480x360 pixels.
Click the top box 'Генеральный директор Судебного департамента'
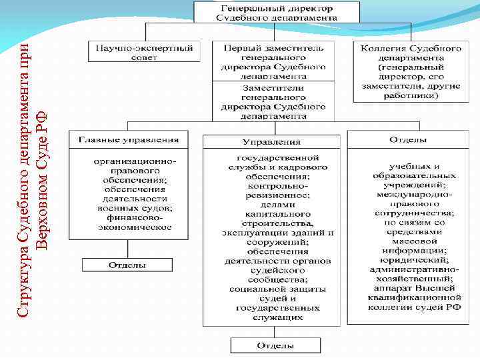tap(276, 12)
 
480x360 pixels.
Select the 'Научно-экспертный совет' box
tap(144, 53)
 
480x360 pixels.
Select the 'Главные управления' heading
tap(129, 140)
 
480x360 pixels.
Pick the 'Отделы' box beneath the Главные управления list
tap(127, 265)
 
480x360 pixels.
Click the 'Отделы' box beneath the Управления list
tap(275, 346)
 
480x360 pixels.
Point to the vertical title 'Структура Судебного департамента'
tap(24, 180)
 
